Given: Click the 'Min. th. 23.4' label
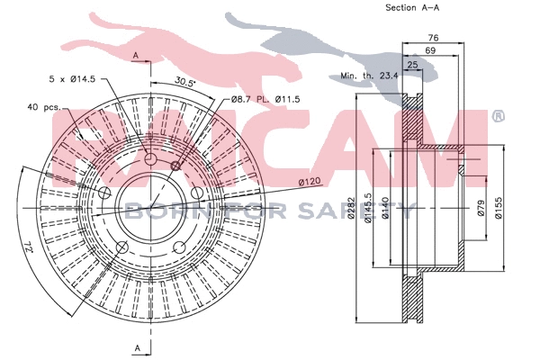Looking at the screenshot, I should pyautogui.click(x=369, y=76).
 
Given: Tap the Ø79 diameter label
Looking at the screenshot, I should pyautogui.click(x=481, y=209).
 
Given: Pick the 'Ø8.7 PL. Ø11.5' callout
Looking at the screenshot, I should pyautogui.click(x=264, y=97).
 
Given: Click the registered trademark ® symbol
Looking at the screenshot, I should pyautogui.click(x=498, y=116).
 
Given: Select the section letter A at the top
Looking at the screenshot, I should pyautogui.click(x=135, y=55).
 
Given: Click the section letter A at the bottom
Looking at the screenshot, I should pyautogui.click(x=136, y=346).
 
